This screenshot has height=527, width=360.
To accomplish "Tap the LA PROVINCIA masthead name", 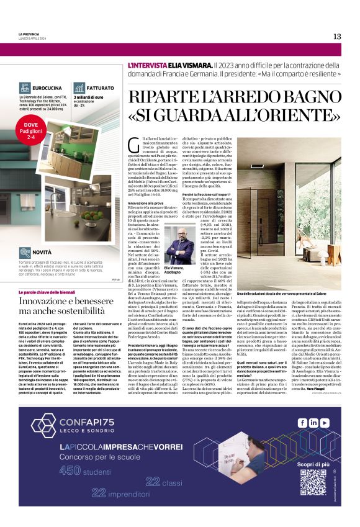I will pos(28,34).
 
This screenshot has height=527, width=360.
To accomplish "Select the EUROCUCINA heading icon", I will pos(25,88).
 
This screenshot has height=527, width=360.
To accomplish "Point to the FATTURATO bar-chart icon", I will pos(79,88).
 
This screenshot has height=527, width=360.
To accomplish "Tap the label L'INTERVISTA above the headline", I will pos(148,65).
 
